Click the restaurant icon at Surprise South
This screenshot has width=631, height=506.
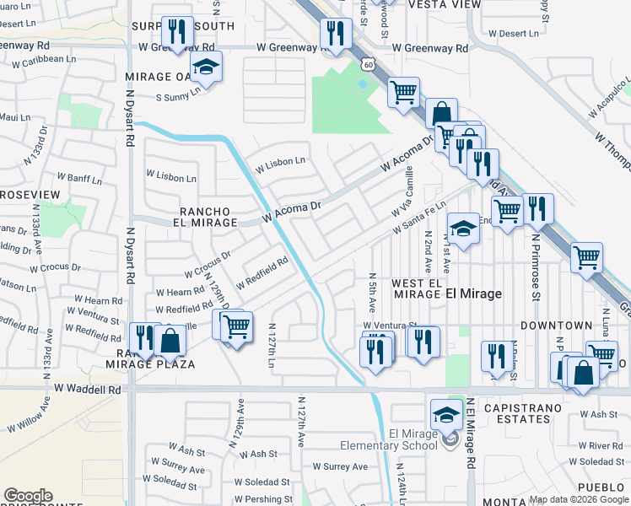coord(177,33)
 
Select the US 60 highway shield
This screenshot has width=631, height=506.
coord(369,63)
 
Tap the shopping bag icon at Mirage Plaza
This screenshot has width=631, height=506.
coord(170,340)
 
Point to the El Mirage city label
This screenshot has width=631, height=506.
coord(473,293)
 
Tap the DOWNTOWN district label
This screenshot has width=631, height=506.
coord(556,325)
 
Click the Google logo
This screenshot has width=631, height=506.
coord(28,496)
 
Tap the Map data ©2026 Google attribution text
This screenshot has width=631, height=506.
coord(578,499)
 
